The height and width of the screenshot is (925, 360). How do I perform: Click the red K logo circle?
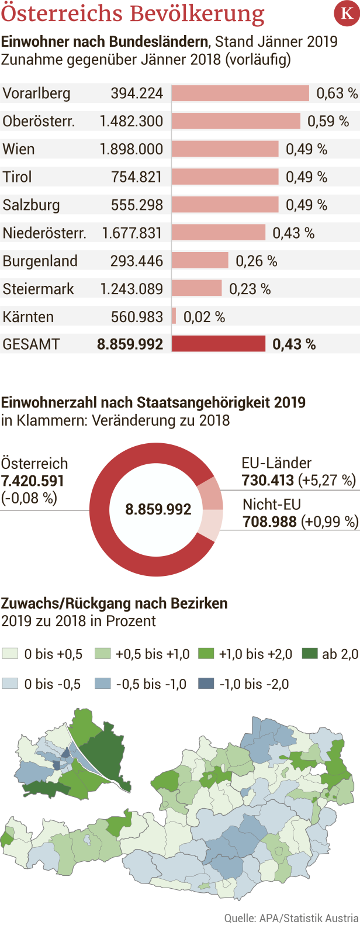(x=347, y=14)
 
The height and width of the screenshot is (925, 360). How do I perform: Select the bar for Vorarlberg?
(x=240, y=93)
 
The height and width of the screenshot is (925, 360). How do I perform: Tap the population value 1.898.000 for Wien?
(x=131, y=149)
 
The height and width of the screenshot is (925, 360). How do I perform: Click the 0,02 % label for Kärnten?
(x=204, y=317)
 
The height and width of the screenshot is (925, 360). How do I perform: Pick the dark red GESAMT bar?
(x=219, y=344)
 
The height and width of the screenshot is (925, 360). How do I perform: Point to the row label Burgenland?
(x=40, y=261)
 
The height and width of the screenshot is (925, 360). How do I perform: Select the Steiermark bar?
(x=197, y=288)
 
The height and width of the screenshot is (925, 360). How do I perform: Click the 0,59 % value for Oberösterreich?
(x=328, y=121)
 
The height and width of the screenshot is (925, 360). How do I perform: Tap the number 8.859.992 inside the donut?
(x=158, y=509)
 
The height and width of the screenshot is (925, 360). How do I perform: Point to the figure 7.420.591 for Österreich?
(x=33, y=481)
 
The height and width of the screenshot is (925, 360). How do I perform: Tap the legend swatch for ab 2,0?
(x=310, y=654)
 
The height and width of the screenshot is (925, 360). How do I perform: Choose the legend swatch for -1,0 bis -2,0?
(x=206, y=684)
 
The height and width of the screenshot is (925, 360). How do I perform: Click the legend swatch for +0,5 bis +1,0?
(x=103, y=654)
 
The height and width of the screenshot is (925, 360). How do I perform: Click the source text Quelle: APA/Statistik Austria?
(x=291, y=917)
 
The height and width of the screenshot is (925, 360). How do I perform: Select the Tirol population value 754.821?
(x=137, y=177)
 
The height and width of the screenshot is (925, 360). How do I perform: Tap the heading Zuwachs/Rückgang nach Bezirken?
(x=115, y=603)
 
